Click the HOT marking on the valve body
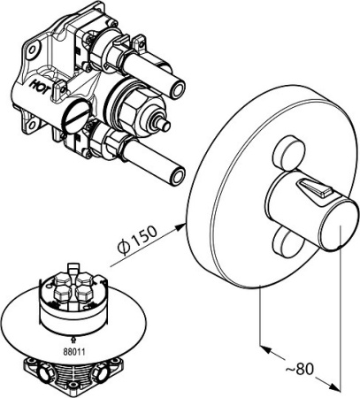click(x=40, y=86)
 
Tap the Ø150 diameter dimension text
click(x=137, y=240)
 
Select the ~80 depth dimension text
click(x=300, y=369)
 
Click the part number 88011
click(x=74, y=352)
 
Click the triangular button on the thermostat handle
click(x=315, y=189)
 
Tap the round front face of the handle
click(x=340, y=225)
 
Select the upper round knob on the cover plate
click(x=287, y=153)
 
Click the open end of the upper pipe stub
click(x=179, y=89)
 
